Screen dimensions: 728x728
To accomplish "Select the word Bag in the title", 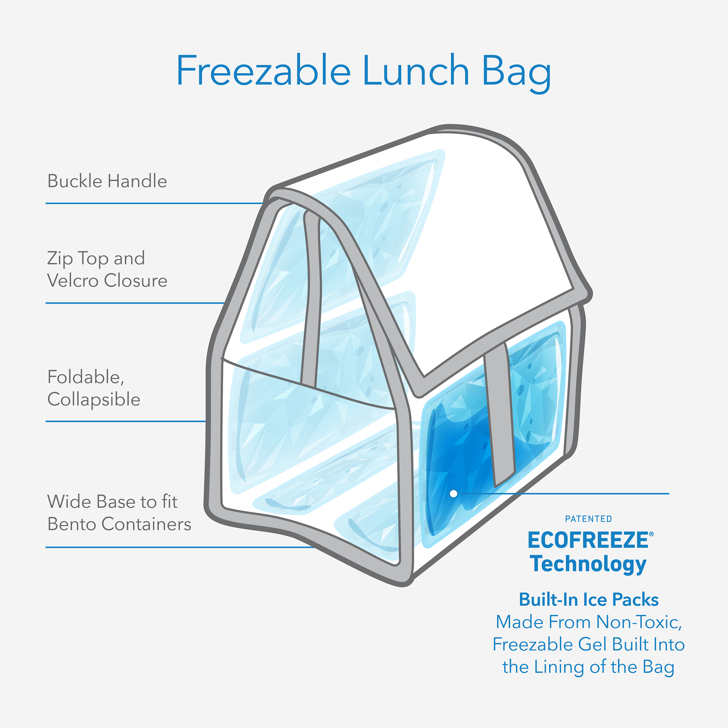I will (x=516, y=72).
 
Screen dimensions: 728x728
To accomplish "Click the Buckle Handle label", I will (x=107, y=181).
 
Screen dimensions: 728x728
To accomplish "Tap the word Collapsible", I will (x=94, y=400).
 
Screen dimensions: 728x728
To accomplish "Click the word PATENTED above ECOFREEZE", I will (x=588, y=519).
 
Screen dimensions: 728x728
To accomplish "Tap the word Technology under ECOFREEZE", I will (x=588, y=564).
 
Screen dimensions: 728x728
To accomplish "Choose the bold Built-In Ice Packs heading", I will (x=589, y=600).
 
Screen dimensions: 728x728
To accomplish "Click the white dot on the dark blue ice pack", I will (x=454, y=494).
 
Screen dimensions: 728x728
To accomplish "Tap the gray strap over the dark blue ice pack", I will (x=500, y=414).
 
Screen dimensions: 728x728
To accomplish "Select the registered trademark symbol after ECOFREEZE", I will (x=651, y=534).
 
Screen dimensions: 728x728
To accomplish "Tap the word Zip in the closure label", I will (x=59, y=259).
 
